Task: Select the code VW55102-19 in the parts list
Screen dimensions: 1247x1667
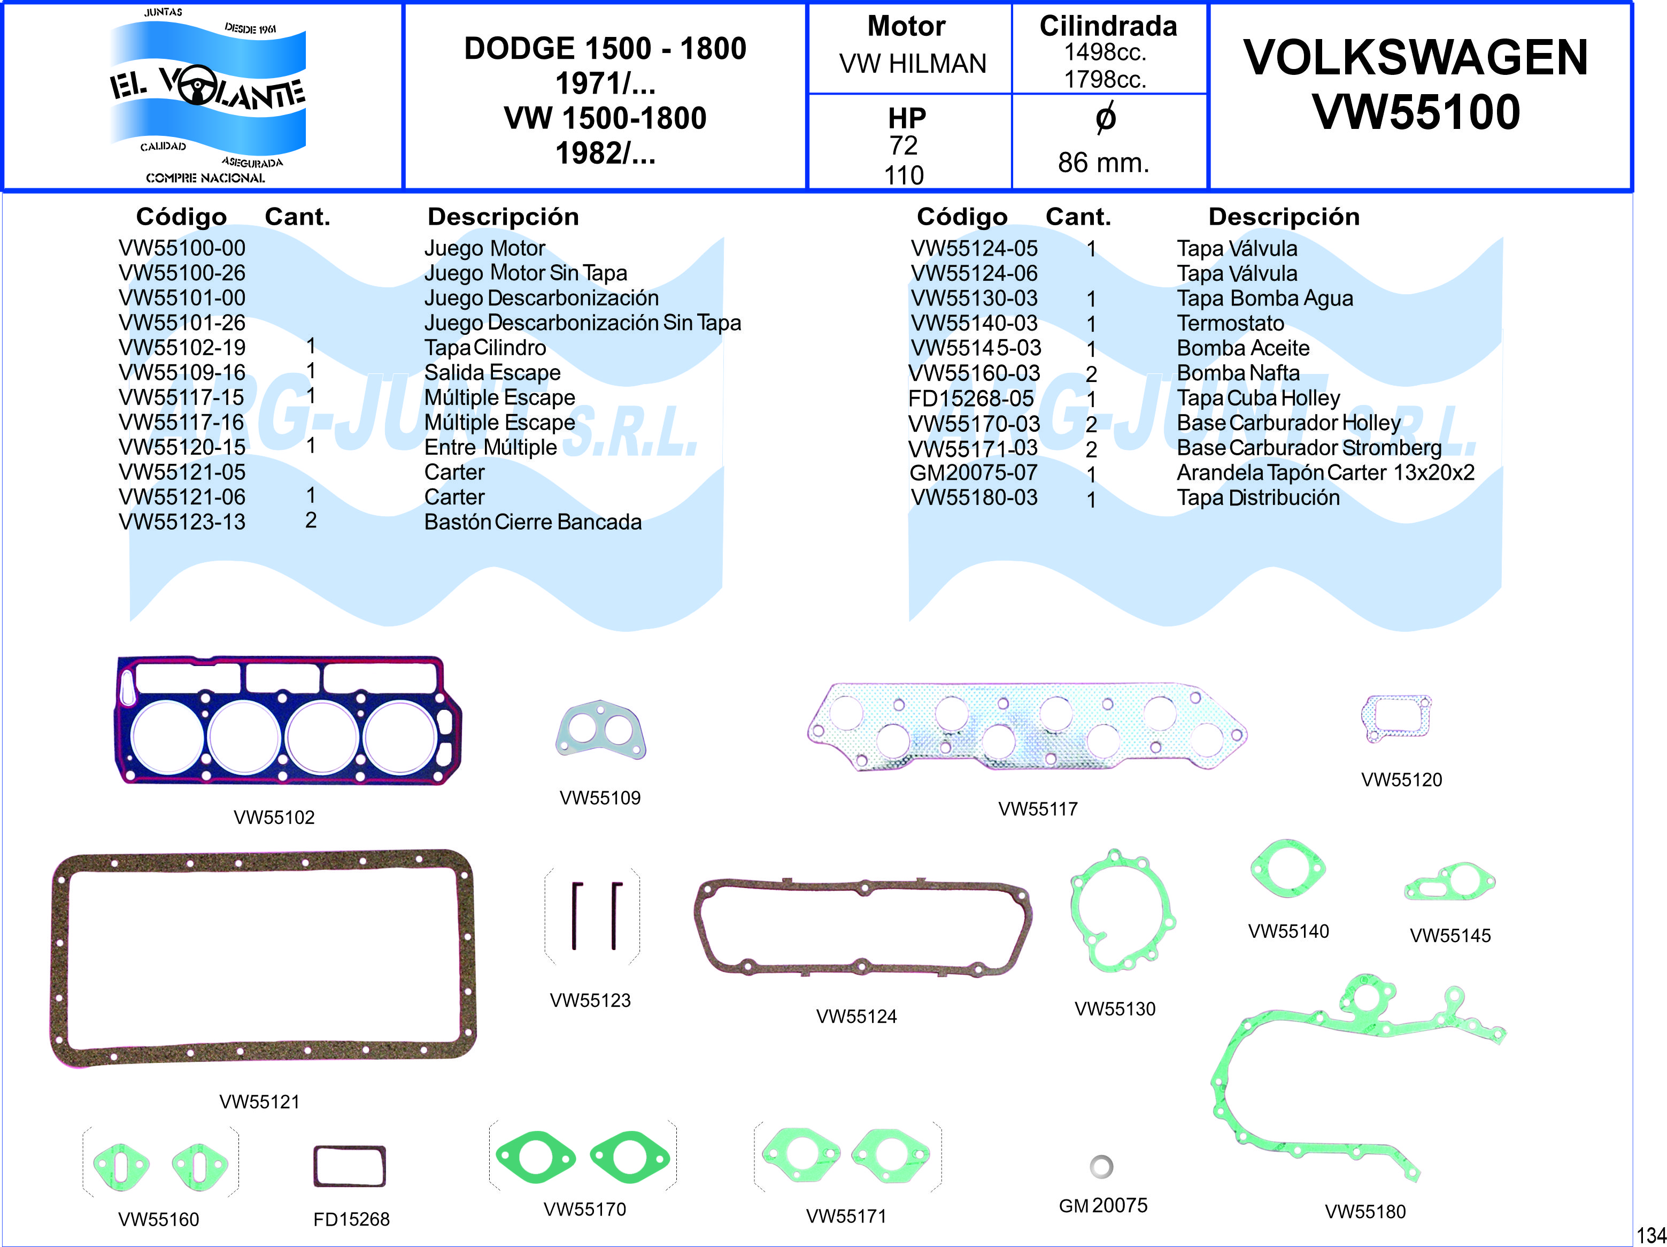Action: click(x=182, y=348)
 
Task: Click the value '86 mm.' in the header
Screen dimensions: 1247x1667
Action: click(x=1103, y=162)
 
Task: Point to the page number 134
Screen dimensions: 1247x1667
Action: click(x=1650, y=1235)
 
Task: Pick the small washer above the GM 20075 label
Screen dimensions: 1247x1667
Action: click(x=1101, y=1166)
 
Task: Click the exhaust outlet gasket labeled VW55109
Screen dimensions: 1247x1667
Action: click(x=600, y=729)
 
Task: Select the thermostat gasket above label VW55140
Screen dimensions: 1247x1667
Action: click(x=1287, y=869)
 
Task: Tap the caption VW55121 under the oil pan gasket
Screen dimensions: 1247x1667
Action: click(x=259, y=1101)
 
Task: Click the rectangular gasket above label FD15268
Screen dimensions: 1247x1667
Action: click(x=349, y=1166)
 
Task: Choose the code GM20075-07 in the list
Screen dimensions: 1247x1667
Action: click(x=973, y=473)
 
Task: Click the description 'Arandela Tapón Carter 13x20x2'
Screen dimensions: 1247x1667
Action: click(x=1325, y=473)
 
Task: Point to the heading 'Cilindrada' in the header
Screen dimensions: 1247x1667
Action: click(x=1108, y=26)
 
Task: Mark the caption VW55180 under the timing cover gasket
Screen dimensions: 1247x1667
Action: click(x=1365, y=1212)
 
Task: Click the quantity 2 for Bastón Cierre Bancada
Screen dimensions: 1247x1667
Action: click(x=311, y=520)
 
